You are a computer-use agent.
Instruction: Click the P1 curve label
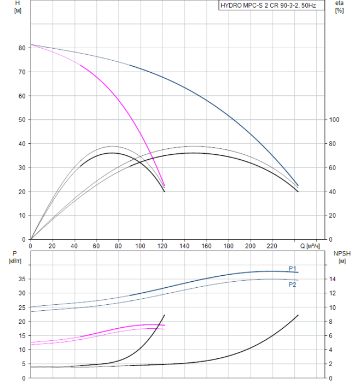point(293,268)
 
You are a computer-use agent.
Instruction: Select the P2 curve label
point(293,285)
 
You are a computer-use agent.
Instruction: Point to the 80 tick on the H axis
point(22,48)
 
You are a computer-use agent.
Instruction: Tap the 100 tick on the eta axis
point(334,120)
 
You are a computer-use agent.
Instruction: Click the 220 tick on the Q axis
point(272,246)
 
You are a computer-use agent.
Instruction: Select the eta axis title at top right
point(339,7)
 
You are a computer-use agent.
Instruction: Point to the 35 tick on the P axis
point(22,279)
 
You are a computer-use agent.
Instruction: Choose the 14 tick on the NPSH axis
point(334,279)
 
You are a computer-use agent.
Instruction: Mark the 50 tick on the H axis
point(22,120)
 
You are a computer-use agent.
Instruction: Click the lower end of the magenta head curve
point(165,185)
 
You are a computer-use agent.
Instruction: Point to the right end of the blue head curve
point(298,185)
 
